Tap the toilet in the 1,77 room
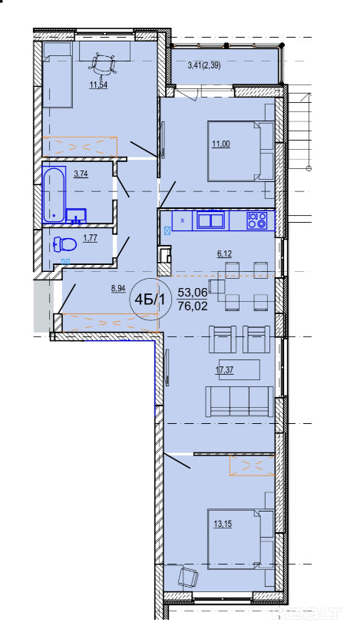(x=65, y=244)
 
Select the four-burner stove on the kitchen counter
(x=257, y=220)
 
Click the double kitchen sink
(x=211, y=220)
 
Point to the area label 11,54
(x=99, y=85)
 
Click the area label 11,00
(x=221, y=144)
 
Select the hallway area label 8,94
(x=118, y=289)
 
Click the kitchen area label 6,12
(x=224, y=254)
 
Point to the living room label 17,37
(x=224, y=370)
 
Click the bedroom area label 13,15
(x=223, y=524)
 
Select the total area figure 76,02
(x=193, y=306)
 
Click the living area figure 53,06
(x=193, y=292)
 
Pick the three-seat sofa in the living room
(x=239, y=402)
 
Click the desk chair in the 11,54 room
(x=102, y=65)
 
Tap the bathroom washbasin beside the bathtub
(x=76, y=216)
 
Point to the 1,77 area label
(x=90, y=239)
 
